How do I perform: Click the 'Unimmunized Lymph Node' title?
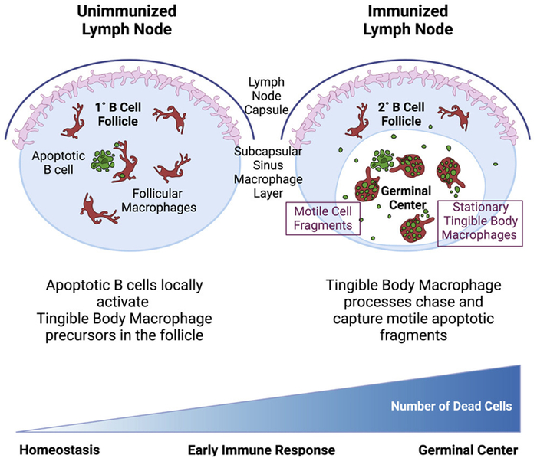pyautogui.click(x=133, y=22)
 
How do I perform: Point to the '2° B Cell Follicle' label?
pyautogui.click(x=397, y=114)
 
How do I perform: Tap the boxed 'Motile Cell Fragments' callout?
pyautogui.click(x=317, y=219)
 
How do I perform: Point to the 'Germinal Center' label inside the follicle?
pyautogui.click(x=404, y=196)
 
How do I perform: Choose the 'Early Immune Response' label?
pyautogui.click(x=262, y=447)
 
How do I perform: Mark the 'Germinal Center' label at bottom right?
pyautogui.click(x=468, y=447)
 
